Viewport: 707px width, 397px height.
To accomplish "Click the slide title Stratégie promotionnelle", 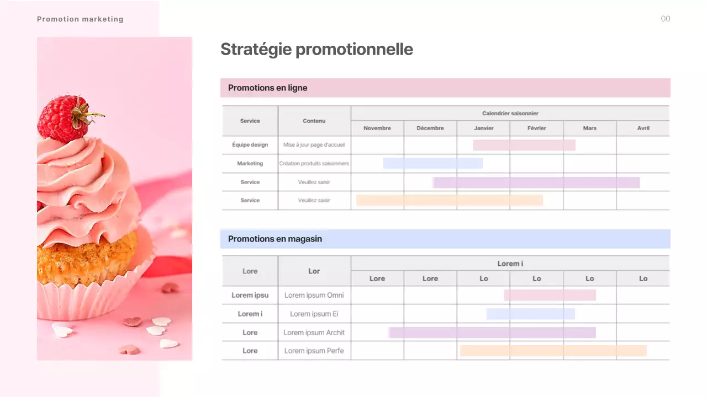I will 316,49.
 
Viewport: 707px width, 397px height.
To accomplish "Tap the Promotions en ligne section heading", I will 268,88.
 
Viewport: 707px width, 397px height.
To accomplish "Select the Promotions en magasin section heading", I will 275,239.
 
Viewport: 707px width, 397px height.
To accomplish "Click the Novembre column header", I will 377,128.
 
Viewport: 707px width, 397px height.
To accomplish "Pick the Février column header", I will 536,128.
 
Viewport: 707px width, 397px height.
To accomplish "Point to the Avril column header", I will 643,128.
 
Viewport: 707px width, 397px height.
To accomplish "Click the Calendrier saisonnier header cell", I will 510,113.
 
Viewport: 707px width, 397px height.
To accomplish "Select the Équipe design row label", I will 250,144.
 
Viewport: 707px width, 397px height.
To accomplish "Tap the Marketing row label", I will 250,163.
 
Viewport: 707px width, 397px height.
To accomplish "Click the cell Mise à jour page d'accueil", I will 314,144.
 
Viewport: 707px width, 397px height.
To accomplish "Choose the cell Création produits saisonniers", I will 314,163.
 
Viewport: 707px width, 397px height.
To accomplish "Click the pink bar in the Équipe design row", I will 524,145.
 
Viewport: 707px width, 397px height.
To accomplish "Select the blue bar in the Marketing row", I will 432,163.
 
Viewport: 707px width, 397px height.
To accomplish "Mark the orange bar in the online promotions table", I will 449,200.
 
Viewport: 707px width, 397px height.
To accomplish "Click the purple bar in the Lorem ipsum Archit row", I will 492,332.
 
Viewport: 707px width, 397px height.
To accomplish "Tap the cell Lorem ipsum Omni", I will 314,295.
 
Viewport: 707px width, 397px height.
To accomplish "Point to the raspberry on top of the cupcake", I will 63,119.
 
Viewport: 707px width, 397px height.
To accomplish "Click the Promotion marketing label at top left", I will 80,19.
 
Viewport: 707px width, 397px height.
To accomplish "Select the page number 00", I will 666,19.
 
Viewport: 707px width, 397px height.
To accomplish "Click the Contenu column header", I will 314,121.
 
